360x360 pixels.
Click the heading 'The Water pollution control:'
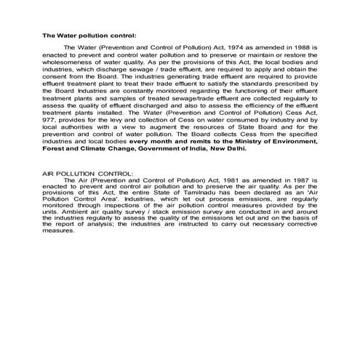coord(89,35)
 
